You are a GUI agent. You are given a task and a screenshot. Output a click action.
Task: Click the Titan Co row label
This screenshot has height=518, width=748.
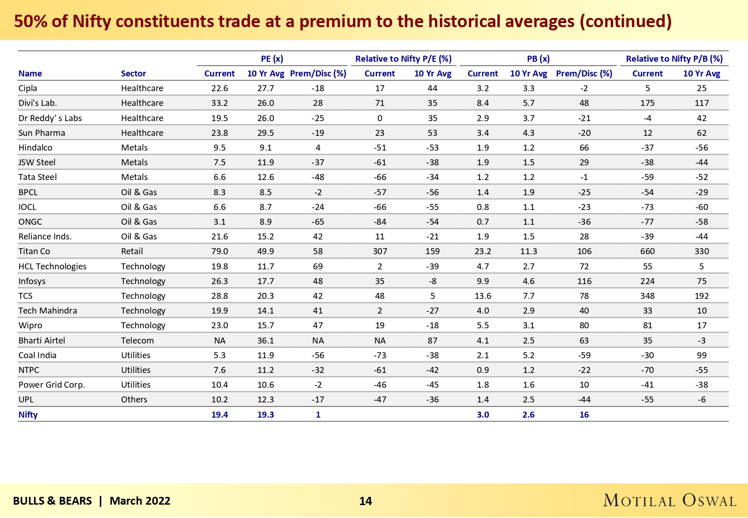pos(34,251)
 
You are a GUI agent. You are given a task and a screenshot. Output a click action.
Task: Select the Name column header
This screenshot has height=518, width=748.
pos(30,74)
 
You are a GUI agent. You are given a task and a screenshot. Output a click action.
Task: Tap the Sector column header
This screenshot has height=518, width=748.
pos(133,74)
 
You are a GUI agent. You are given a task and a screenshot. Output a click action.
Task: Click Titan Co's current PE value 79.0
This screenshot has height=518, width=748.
pos(220,251)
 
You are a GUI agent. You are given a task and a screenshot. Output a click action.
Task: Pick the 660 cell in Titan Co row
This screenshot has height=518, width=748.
pos(647,251)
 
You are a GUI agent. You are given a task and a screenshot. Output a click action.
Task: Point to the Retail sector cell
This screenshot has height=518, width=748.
pos(132,251)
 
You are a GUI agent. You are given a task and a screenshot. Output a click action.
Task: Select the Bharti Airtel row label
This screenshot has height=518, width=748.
pos(41,341)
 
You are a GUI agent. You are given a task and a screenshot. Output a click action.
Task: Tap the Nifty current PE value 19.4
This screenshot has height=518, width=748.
pos(220,415)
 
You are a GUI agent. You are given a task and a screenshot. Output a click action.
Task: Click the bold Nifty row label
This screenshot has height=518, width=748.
pos(28,415)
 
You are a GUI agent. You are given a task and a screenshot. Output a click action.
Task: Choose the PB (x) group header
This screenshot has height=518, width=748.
pos(538,59)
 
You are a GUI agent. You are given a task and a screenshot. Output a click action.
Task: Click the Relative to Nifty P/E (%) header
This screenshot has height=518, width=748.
pos(403,59)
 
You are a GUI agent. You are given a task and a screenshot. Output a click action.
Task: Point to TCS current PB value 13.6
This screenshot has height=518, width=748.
pos(482,296)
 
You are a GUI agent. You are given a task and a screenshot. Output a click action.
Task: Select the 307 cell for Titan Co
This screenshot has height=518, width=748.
pos(380,251)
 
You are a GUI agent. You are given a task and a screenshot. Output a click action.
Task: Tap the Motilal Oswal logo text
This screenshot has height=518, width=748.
pos(669,501)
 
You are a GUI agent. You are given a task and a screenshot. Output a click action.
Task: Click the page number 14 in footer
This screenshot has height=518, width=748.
pos(365,501)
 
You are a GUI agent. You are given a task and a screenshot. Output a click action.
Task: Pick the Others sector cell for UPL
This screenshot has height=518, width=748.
pos(134,400)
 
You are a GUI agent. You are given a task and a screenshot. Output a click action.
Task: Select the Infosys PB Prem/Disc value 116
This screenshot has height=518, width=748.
pos(584,281)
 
